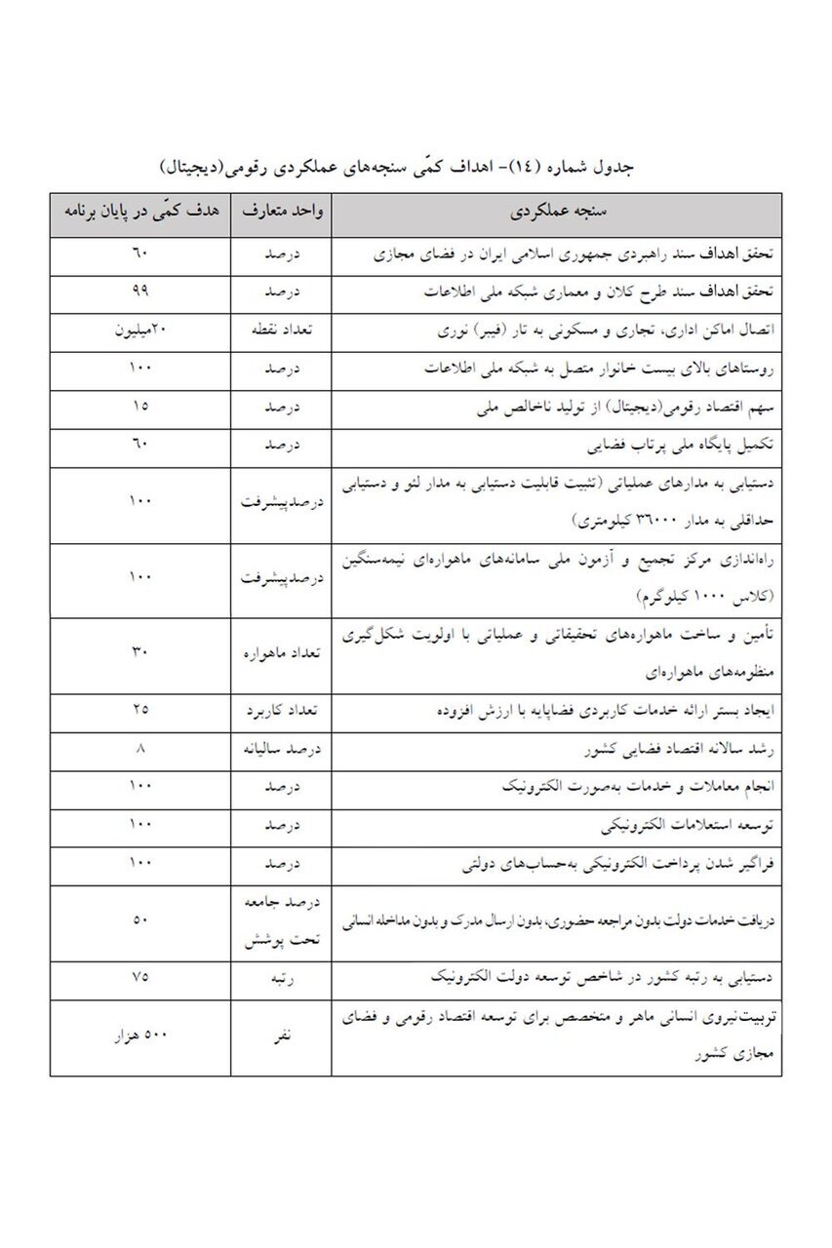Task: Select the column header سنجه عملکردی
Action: [x=555, y=214]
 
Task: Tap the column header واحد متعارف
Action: [x=280, y=214]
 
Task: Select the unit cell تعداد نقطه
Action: [x=280, y=331]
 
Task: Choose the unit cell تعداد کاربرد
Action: [x=280, y=711]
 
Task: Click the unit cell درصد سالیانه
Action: [x=280, y=750]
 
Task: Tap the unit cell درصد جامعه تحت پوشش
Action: [x=280, y=922]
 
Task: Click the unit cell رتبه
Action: [x=280, y=979]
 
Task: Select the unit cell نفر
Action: [x=280, y=1037]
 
